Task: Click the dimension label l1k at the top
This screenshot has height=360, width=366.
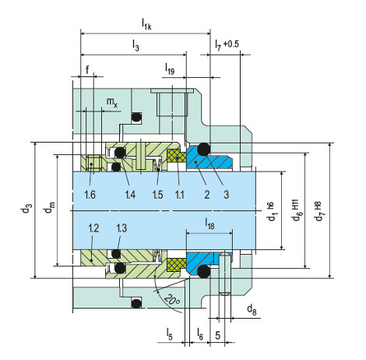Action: pyautogui.click(x=146, y=25)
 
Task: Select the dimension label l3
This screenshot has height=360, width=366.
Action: pyautogui.click(x=135, y=45)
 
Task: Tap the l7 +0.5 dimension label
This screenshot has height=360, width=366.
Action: pyautogui.click(x=227, y=44)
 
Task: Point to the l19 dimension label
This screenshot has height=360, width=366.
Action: pyautogui.click(x=170, y=69)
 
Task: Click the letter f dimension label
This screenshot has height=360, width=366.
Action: pyautogui.click(x=87, y=69)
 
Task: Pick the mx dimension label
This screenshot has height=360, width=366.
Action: pyautogui.click(x=112, y=102)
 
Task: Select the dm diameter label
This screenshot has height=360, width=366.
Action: pyautogui.click(x=50, y=206)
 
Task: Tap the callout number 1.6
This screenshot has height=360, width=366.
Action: pyautogui.click(x=90, y=194)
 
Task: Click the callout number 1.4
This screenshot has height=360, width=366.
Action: pyautogui.click(x=130, y=194)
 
